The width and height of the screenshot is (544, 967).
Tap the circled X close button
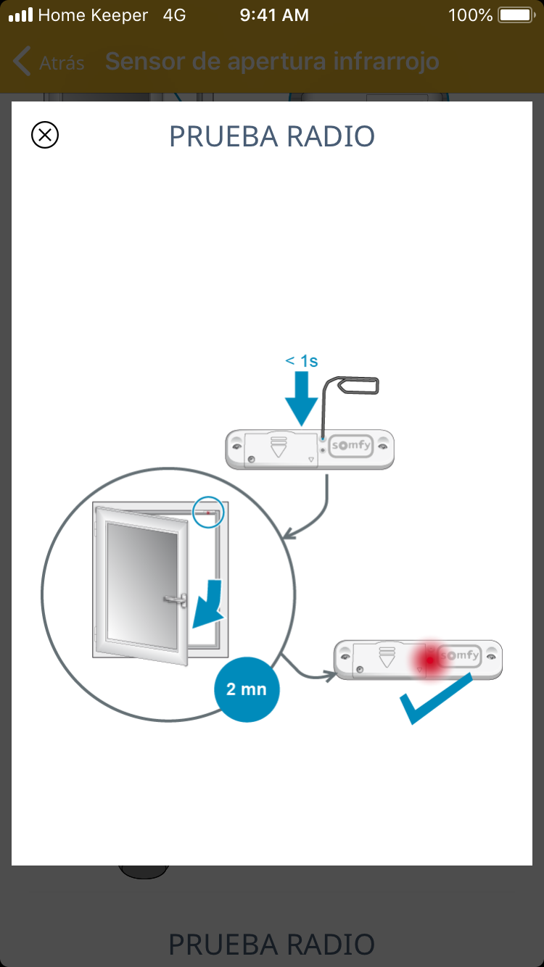coord(45,135)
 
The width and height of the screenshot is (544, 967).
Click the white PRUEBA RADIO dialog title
coord(272,137)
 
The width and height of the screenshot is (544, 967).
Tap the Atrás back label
coord(62,63)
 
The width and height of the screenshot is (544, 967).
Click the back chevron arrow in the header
coord(22,61)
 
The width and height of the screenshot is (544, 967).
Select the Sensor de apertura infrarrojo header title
coord(272,62)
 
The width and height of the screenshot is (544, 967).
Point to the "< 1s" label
coord(302,361)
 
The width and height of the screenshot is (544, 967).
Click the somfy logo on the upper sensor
coord(351,445)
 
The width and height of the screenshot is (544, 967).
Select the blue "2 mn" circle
coord(247,689)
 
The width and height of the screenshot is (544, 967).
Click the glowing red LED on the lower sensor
coord(430,660)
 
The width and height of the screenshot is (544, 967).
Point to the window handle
coord(176,599)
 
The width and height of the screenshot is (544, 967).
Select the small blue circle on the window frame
coord(208,512)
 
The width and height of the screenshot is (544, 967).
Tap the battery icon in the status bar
coord(516,15)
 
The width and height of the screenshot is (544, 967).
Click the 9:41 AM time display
coord(274,15)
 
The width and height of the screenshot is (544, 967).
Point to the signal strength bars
coord(21,14)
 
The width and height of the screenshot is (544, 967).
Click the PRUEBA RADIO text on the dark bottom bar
coord(272,944)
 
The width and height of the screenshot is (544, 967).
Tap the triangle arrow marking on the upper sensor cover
coord(279,447)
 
